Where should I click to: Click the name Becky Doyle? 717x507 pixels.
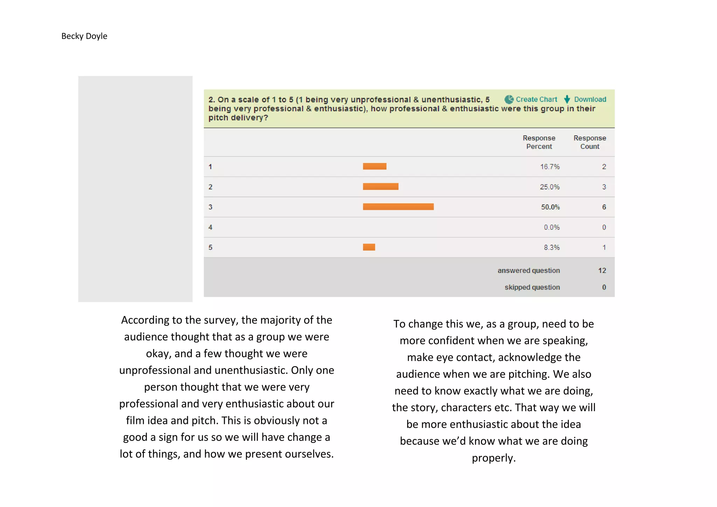point(84,36)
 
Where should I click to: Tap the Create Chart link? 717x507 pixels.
point(536,99)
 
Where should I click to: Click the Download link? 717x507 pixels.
point(590,99)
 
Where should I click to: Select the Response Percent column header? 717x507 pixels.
point(539,142)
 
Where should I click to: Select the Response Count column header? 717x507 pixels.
point(590,142)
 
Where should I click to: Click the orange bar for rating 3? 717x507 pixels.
point(398,207)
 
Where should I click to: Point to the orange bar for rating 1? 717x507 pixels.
point(375,166)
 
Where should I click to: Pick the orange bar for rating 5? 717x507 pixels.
point(369,247)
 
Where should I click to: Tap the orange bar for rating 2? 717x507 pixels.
point(381,187)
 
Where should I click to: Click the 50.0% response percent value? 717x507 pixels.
point(550,207)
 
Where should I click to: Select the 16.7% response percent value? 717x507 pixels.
point(550,167)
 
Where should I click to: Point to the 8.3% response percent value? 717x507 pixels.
point(551,248)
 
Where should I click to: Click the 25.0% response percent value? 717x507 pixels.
point(550,187)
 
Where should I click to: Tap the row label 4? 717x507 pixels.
point(210,227)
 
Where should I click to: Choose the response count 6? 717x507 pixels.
point(604,207)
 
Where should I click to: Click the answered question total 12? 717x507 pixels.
point(602,271)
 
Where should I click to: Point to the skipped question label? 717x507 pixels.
point(532,287)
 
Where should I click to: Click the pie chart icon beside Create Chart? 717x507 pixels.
point(509,99)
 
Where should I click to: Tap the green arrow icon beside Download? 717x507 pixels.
point(567,99)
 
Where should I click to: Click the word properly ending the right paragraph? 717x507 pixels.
point(494,458)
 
